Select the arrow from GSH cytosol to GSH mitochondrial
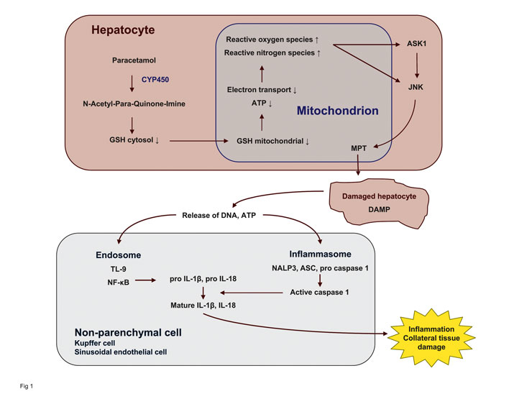point(196,140)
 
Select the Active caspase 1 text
point(319,293)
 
